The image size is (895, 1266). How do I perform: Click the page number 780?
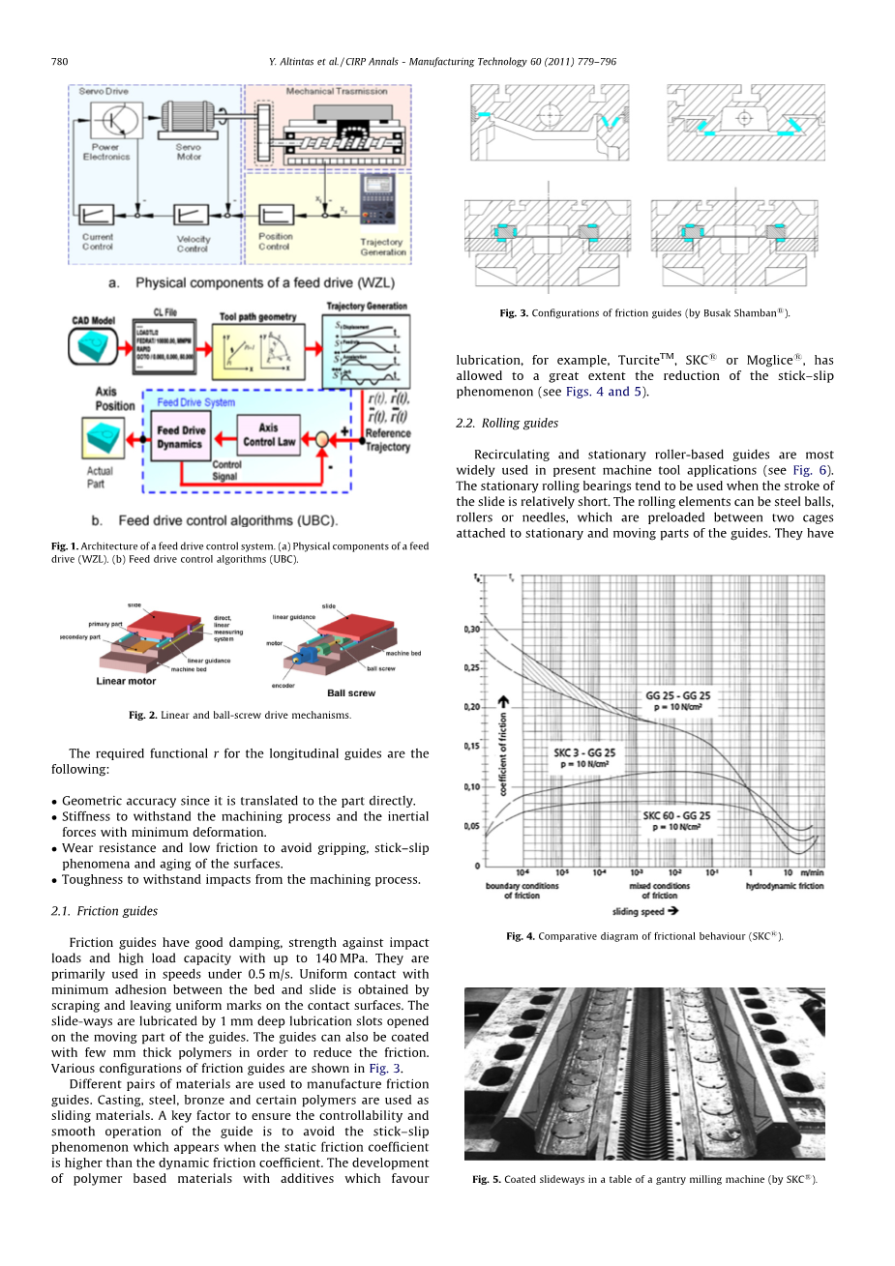click(59, 61)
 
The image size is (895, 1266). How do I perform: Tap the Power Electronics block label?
click(106, 152)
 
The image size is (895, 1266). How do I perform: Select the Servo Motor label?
click(189, 152)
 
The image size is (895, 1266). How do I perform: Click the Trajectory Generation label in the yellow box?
click(383, 247)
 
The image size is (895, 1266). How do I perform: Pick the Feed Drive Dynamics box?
click(181, 437)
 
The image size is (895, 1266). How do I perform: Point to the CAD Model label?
click(94, 320)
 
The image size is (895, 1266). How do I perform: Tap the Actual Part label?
click(100, 477)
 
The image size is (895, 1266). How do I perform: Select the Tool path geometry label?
click(257, 316)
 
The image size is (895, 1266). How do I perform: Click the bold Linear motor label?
click(126, 681)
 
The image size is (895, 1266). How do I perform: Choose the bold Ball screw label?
click(351, 692)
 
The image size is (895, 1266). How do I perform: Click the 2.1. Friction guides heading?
click(104, 911)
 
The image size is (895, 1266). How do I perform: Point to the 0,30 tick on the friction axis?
click(471, 629)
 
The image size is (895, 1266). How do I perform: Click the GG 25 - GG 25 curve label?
click(677, 695)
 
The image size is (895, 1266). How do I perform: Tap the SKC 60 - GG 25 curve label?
click(676, 815)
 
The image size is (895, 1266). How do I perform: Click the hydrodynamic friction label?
click(785, 886)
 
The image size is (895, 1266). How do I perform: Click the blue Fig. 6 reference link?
click(812, 470)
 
